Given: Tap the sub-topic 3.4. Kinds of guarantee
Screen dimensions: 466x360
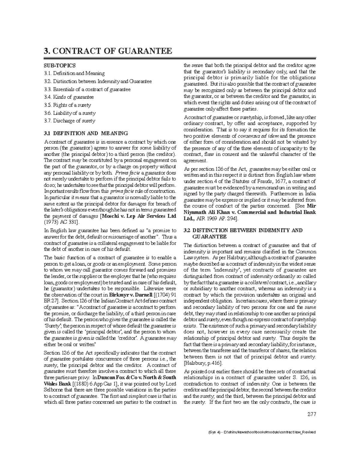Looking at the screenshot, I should click(69, 97).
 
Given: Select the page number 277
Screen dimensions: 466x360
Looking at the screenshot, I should click(312, 414).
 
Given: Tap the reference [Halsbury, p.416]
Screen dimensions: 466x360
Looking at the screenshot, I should click(202, 363).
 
